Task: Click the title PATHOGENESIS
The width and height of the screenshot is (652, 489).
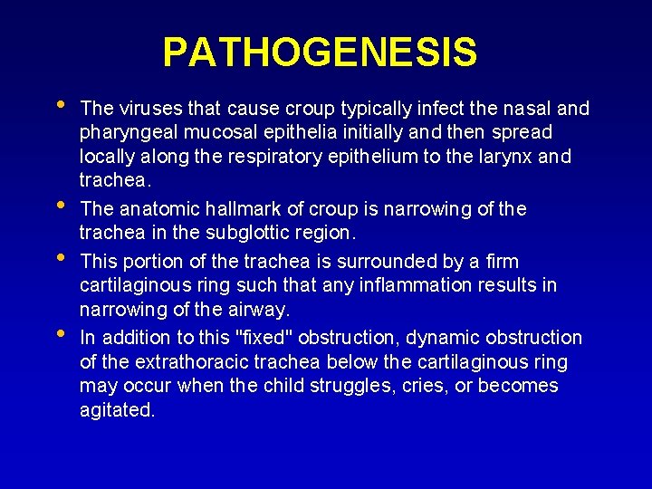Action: tap(320, 53)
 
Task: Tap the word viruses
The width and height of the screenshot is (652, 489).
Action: tap(144, 109)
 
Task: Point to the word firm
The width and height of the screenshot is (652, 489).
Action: tap(502, 262)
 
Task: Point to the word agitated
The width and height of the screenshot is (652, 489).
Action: tap(117, 410)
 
